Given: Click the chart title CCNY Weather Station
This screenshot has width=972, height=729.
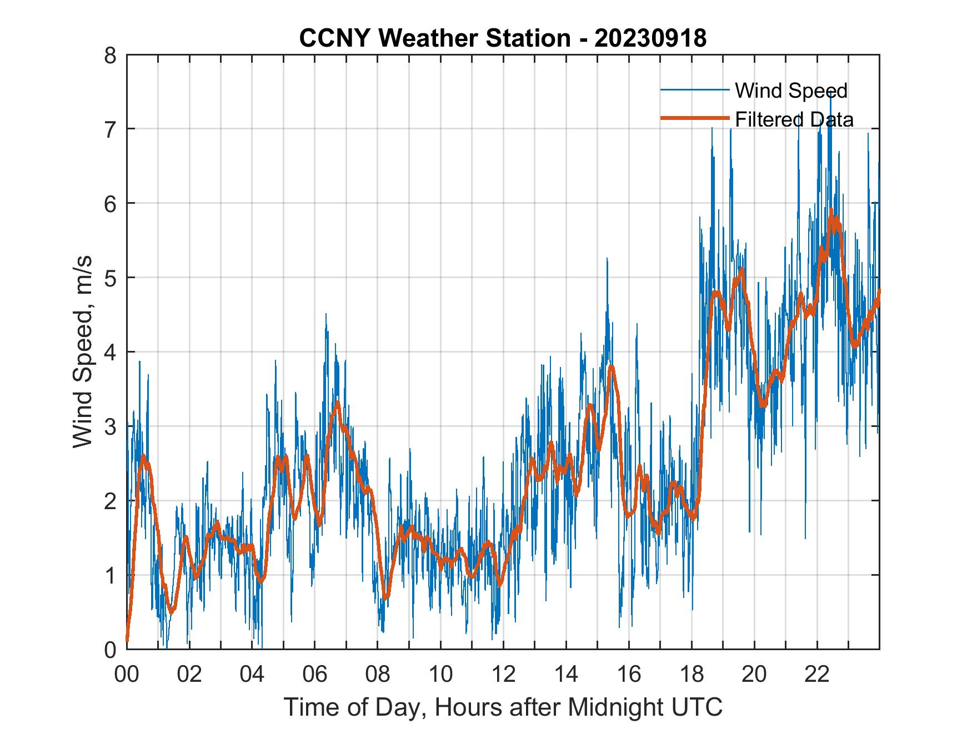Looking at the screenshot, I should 434,38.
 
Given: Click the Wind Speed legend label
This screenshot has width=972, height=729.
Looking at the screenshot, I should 791,91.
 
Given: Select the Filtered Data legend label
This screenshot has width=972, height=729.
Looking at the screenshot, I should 794,119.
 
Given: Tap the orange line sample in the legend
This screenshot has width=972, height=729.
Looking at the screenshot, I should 694,118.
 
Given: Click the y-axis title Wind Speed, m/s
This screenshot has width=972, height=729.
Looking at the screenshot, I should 82,352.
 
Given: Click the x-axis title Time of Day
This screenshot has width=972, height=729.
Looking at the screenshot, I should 503,708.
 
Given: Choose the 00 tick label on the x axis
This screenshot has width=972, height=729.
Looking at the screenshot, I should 127,675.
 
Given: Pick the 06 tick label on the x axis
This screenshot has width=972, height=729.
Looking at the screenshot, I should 315,675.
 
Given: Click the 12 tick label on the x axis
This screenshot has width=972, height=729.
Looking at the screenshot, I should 503,675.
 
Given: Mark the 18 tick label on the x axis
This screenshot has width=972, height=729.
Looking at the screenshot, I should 692,675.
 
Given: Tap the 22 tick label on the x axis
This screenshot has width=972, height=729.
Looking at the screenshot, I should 817,675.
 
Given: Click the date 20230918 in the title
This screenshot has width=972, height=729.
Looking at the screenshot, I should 650,38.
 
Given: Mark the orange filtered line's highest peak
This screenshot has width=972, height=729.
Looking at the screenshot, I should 831,212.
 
